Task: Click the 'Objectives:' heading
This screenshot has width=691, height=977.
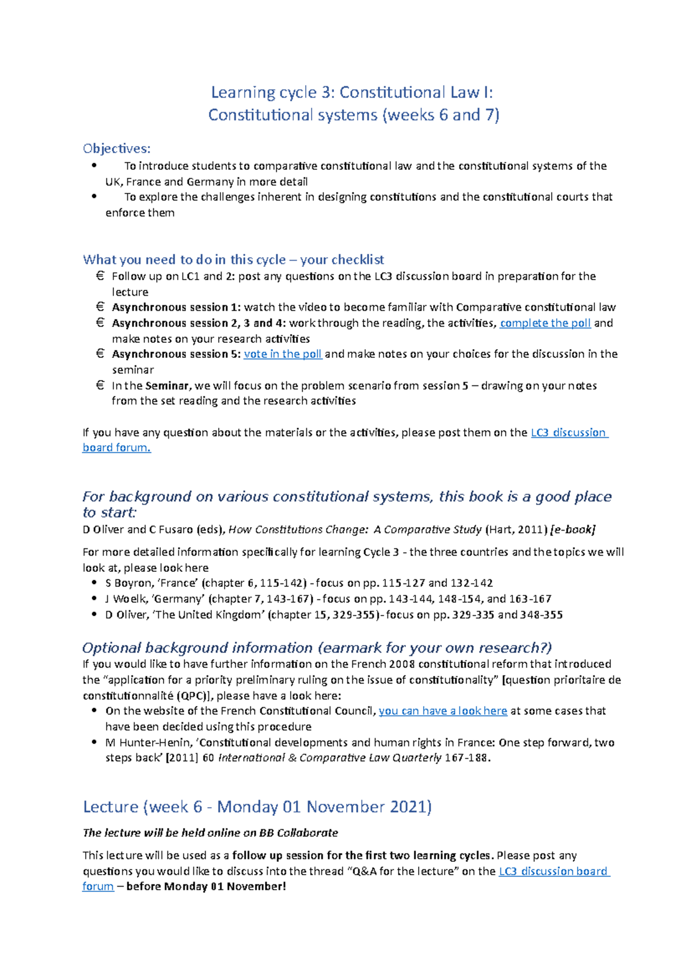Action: pos(116,148)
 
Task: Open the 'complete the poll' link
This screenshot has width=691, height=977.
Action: pos(545,323)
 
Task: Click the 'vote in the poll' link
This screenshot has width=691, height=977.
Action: pos(283,354)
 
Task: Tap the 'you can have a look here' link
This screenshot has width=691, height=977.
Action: pos(443,711)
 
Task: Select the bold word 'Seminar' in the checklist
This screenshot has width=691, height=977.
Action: pos(167,386)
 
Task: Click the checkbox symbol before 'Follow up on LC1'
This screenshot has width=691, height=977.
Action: pos(100,276)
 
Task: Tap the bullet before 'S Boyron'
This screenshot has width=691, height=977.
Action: pos(94,583)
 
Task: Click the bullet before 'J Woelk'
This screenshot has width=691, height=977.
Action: pos(94,598)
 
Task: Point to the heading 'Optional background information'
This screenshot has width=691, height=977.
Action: pos(198,648)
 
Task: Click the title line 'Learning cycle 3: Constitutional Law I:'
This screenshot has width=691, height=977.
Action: pos(352,92)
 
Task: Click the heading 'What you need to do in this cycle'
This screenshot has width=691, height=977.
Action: pos(184,259)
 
